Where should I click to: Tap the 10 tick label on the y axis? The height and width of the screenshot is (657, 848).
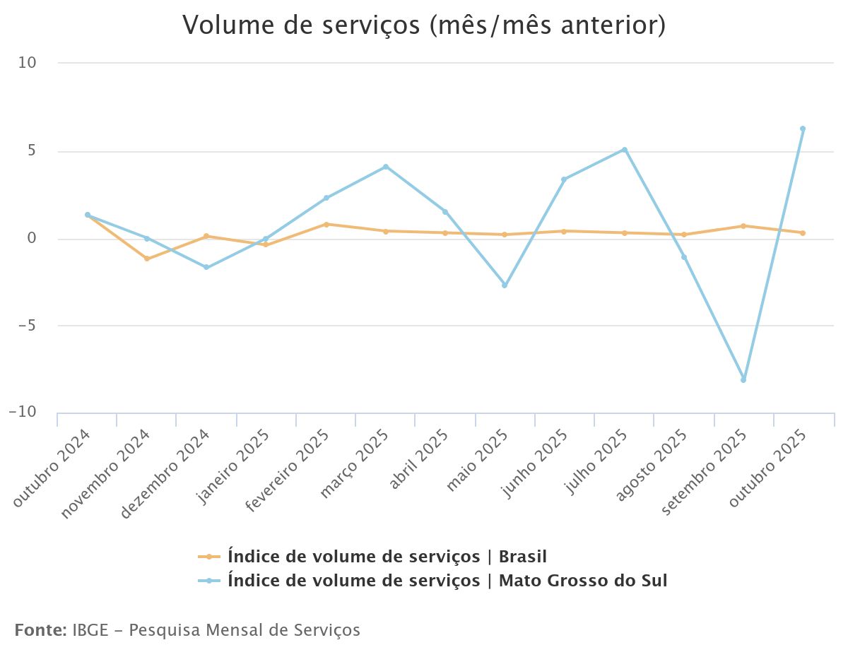[28, 63]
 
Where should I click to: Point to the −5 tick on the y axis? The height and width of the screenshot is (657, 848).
[27, 326]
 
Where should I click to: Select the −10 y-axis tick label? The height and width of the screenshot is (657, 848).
[23, 413]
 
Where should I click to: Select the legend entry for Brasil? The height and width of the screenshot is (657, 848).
[387, 557]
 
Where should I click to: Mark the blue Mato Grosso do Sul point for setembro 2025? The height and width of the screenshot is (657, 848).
[743, 380]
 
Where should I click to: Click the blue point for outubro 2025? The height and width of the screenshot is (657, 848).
[803, 129]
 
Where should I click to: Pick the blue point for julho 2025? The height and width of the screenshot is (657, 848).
[625, 150]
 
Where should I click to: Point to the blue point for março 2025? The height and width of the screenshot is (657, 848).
[386, 167]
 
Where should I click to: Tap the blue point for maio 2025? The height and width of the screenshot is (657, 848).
[505, 285]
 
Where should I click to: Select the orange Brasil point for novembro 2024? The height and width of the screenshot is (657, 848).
[147, 259]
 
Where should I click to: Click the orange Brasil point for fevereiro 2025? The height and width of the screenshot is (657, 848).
[326, 224]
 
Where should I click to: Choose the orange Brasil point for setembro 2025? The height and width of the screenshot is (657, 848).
[743, 226]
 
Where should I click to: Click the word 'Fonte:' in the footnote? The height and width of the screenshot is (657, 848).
[40, 630]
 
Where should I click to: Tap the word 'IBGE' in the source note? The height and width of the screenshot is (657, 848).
[90, 630]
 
